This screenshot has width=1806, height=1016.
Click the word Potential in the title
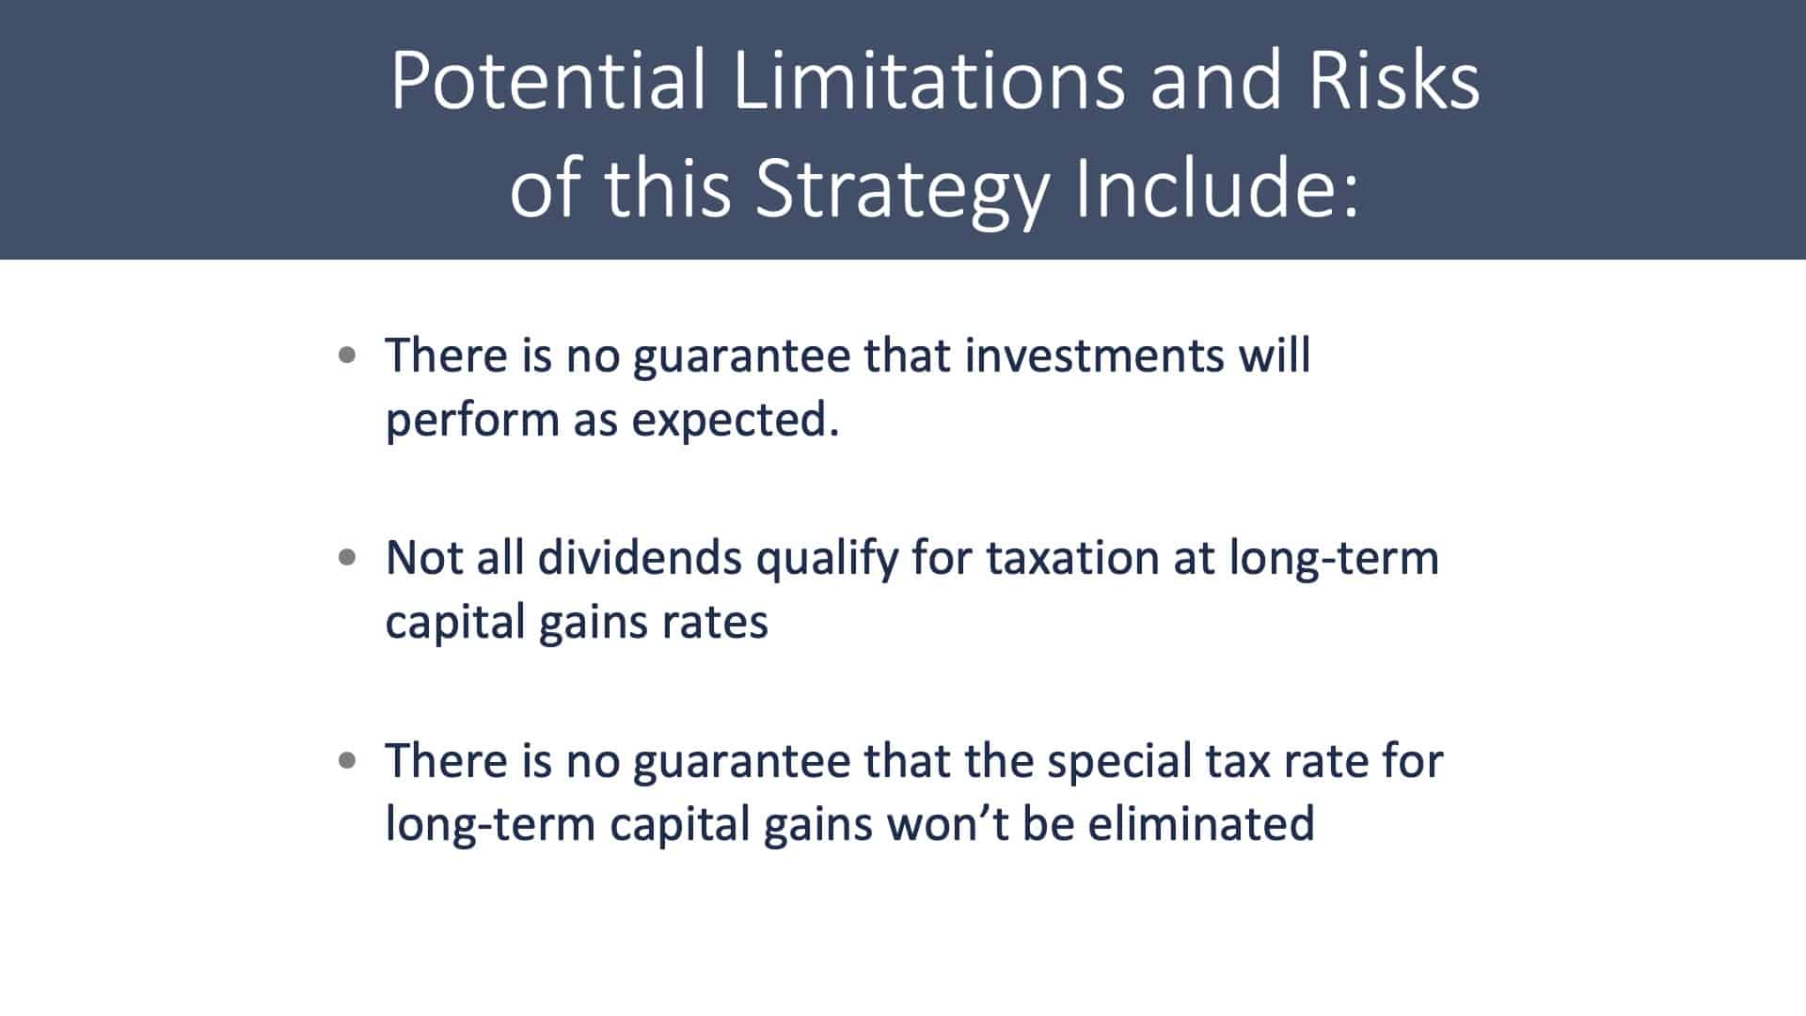(x=547, y=80)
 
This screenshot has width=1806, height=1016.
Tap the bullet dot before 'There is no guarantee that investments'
(x=347, y=356)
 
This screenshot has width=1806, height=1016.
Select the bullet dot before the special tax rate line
(x=347, y=760)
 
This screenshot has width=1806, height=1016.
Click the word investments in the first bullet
(x=1091, y=356)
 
